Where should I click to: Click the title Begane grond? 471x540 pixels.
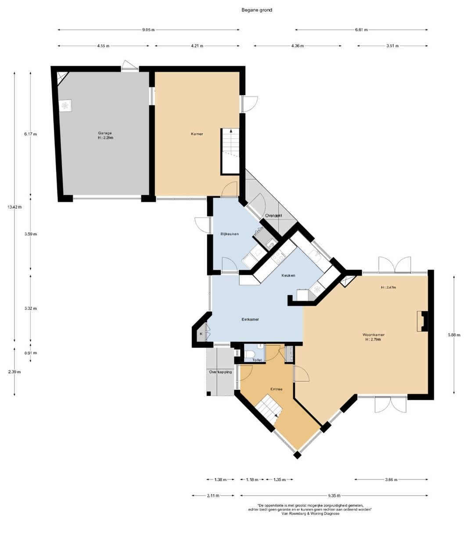click(257, 10)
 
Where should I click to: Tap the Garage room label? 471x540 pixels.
click(105, 133)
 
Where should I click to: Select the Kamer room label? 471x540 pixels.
click(197, 134)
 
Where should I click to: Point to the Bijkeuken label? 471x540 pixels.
click(229, 234)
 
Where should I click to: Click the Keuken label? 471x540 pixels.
click(288, 275)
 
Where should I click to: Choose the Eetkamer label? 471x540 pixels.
click(250, 319)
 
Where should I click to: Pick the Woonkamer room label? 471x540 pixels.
click(373, 335)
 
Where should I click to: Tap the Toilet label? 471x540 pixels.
click(257, 360)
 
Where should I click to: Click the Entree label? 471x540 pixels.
click(276, 389)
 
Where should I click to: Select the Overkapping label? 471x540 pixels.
click(220, 372)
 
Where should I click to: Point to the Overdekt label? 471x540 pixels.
click(273, 215)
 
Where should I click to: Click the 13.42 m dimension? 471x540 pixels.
click(14, 207)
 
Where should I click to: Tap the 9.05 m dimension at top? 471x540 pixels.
click(148, 30)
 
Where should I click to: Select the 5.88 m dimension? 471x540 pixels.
click(454, 335)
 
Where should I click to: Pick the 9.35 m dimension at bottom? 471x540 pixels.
click(334, 495)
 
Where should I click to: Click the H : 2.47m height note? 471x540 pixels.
click(388, 287)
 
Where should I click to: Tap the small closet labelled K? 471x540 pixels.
click(201, 333)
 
